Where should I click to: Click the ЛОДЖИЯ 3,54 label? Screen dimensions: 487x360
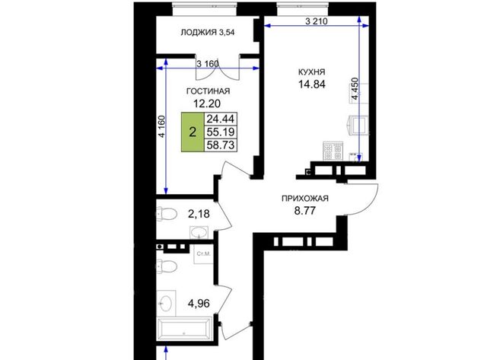tap(208, 32)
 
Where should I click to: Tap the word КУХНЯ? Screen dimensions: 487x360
tap(311, 72)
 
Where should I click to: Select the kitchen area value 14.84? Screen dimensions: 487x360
tap(312, 84)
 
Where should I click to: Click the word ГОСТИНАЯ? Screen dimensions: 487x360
tap(208, 91)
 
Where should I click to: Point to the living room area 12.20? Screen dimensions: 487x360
tap(207, 103)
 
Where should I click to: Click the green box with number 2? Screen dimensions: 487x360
tap(193, 132)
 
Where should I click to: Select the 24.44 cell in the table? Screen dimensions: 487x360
tap(221, 119)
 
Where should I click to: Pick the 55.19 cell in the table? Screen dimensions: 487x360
tap(221, 132)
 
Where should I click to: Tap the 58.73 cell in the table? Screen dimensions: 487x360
tap(221, 145)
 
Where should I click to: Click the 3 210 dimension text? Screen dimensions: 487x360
tap(317, 21)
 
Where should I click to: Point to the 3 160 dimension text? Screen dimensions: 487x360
tap(208, 64)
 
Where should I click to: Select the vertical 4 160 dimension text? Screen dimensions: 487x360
tap(161, 126)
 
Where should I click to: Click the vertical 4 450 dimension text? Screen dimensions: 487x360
tap(355, 88)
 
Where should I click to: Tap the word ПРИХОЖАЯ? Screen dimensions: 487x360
tap(304, 199)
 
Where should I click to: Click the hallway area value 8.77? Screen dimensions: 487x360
tap(304, 211)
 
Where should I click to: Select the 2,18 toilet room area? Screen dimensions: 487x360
tap(199, 214)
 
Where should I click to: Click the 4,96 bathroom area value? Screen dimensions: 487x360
tap(199, 303)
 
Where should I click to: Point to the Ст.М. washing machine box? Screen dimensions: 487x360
tap(203, 253)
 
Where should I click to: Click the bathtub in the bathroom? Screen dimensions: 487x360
tap(184, 329)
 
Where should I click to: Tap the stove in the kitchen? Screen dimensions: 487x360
tap(333, 151)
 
